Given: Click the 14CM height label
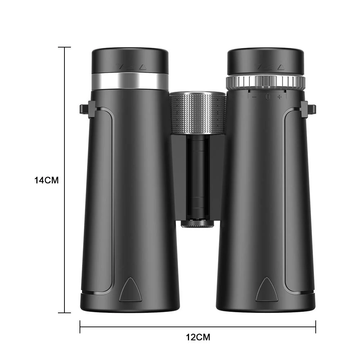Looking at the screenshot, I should [46, 180].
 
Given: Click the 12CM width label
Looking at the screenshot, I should [198, 337].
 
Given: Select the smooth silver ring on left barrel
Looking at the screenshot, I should [130, 81].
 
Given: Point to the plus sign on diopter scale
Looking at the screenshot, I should [279, 96].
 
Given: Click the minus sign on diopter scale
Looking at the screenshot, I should [254, 96].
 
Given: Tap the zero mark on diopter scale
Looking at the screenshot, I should [267, 96].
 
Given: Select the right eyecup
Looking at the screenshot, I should [265, 60].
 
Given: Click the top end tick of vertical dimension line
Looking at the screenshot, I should [64, 47].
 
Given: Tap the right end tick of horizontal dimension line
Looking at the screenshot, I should [315, 327].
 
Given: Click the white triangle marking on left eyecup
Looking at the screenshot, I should [143, 67].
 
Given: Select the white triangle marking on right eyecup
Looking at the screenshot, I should [281, 67].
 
